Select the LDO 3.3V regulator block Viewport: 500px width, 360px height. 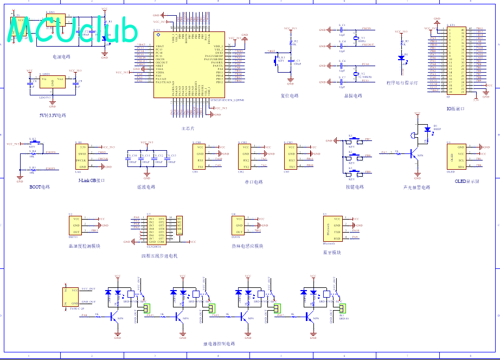[x=53, y=82]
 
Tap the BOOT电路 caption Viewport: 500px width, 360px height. [x=40, y=187]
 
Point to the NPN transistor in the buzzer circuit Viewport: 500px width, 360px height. [x=415, y=153]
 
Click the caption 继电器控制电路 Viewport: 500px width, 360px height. [x=219, y=344]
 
